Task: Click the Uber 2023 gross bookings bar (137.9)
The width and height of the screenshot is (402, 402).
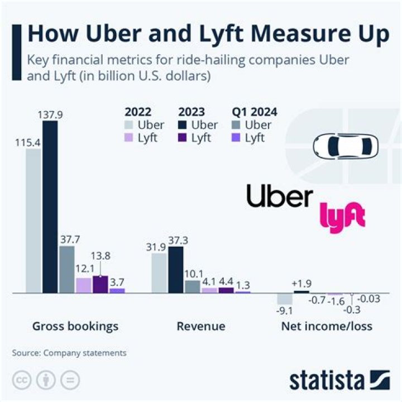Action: (50, 207)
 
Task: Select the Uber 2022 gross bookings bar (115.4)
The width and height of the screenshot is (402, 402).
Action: (33, 221)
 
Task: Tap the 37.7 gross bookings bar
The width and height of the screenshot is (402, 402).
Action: (67, 269)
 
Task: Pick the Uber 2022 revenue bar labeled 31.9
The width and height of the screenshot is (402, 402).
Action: (159, 273)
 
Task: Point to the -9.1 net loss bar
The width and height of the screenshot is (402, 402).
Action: (285, 298)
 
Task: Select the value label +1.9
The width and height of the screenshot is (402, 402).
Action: (301, 283)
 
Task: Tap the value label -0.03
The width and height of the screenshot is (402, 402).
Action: (368, 299)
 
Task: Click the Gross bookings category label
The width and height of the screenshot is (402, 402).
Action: (75, 326)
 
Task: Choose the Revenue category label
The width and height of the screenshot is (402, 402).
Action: (201, 326)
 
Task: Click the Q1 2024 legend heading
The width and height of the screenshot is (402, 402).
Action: (253, 111)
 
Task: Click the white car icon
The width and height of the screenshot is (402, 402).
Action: (345, 146)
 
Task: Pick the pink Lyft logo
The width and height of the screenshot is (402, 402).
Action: (342, 217)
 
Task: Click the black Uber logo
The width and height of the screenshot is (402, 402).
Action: (280, 197)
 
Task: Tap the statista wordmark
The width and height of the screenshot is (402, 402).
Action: (327, 381)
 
